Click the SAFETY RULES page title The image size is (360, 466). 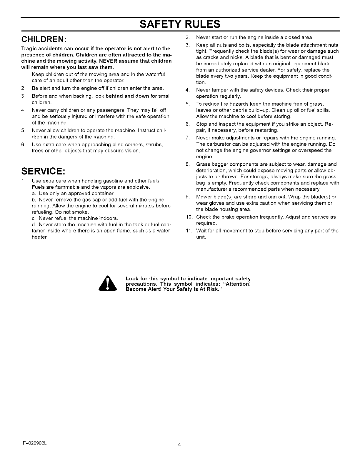click(180, 24)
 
